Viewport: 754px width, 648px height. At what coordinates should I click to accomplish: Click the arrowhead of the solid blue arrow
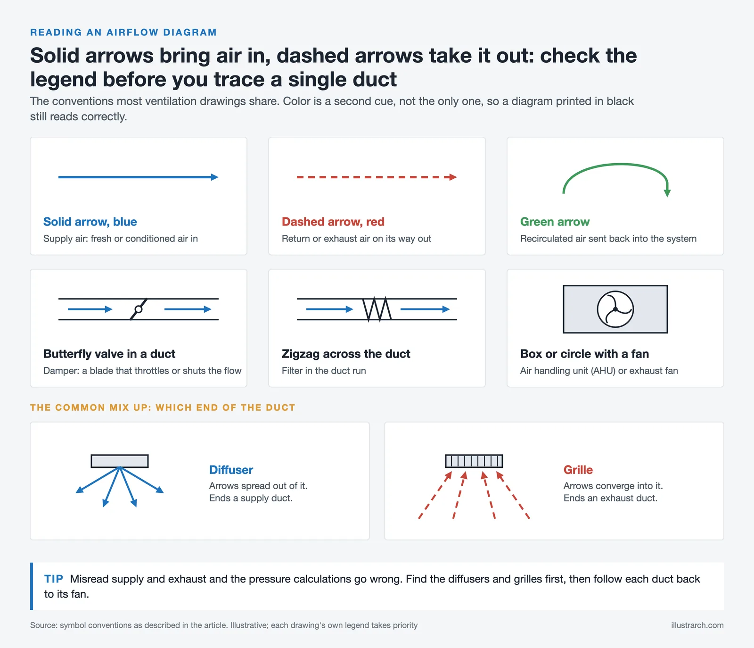(x=215, y=177)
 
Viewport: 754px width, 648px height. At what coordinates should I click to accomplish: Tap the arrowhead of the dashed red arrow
(x=453, y=177)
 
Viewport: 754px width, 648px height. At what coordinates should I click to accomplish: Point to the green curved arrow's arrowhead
(x=667, y=193)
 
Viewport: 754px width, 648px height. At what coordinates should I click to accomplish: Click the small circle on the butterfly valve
(x=139, y=309)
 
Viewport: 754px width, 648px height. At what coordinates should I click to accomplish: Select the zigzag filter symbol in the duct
(x=377, y=309)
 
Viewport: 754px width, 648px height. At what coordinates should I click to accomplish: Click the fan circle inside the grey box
(x=615, y=309)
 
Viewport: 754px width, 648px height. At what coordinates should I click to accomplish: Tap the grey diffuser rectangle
(x=120, y=461)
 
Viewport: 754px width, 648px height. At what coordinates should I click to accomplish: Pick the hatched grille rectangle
(x=474, y=461)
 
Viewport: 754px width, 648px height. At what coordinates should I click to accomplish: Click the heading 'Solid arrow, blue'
(x=90, y=222)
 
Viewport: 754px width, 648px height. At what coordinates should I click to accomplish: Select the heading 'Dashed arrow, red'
(x=333, y=222)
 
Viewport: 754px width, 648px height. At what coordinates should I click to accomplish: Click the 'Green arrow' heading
(x=555, y=222)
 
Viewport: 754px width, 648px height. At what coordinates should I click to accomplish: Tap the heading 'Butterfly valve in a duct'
(x=109, y=354)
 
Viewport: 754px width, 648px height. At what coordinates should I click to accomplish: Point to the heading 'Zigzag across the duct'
(x=346, y=354)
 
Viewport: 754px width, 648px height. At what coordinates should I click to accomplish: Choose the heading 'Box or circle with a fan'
(x=584, y=354)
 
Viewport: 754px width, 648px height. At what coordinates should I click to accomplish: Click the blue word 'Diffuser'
(x=231, y=470)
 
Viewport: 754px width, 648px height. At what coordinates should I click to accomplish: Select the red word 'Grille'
(x=578, y=470)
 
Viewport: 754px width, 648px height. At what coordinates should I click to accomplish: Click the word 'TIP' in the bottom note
(x=54, y=579)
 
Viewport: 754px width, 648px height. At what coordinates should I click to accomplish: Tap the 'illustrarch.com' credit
(x=697, y=625)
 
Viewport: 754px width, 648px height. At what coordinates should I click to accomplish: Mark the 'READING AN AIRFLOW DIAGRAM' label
(x=123, y=33)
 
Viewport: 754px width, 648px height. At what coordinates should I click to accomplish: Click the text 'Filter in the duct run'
(x=324, y=371)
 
